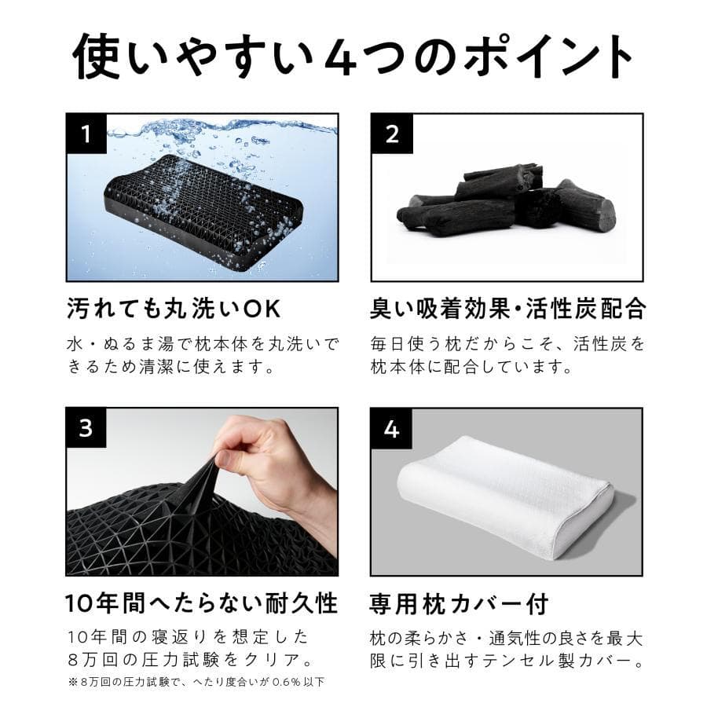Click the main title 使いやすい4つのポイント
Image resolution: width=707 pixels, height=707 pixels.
pyautogui.click(x=353, y=56)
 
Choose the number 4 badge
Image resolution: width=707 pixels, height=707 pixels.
pyautogui.click(x=391, y=429)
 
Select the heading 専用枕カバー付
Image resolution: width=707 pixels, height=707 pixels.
pyautogui.click(x=459, y=603)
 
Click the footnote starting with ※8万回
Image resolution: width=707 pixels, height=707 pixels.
pyautogui.click(x=196, y=681)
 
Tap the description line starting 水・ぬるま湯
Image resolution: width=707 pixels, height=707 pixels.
pyautogui.click(x=203, y=343)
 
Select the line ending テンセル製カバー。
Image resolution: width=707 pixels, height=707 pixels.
pyautogui.click(x=507, y=661)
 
